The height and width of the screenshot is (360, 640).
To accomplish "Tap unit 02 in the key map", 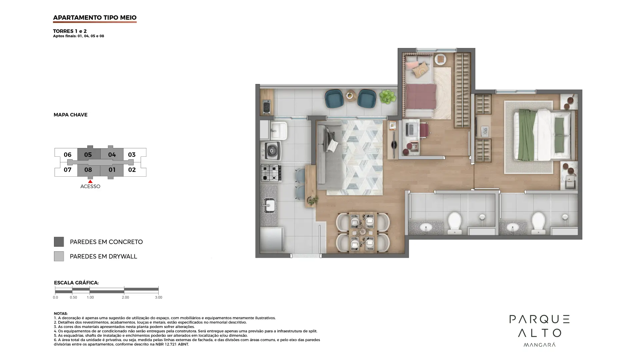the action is (132, 170).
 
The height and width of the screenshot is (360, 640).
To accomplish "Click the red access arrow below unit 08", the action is (90, 181).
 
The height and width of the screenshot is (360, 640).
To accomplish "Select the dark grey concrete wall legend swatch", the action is (59, 242).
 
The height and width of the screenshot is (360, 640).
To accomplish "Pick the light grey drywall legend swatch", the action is (59, 256).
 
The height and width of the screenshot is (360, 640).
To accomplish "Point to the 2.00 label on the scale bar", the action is (125, 297).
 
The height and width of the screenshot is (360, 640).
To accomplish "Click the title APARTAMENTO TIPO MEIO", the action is (95, 18).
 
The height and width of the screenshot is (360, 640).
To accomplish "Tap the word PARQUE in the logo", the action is (539, 319).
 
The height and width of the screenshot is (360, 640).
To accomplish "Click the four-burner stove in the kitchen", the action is (271, 173).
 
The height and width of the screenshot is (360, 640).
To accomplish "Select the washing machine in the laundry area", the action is (271, 151).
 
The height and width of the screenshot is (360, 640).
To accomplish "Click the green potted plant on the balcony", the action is (387, 97).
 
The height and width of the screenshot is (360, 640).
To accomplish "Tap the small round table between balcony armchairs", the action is (350, 96).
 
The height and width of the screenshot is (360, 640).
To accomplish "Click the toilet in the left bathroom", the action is (454, 223).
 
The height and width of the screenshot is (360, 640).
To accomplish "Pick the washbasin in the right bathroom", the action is (513, 228).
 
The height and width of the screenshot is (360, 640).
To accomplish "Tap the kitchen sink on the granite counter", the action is (269, 205).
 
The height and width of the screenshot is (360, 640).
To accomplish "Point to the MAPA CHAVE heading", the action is (71, 115).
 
